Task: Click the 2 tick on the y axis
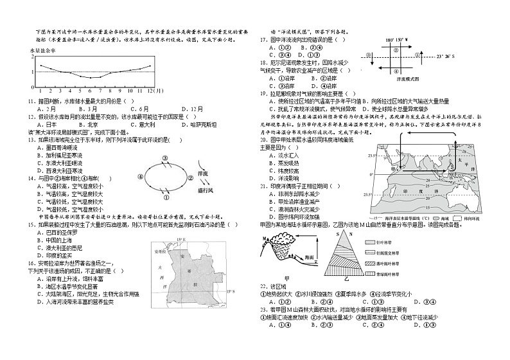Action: point(31,55)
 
